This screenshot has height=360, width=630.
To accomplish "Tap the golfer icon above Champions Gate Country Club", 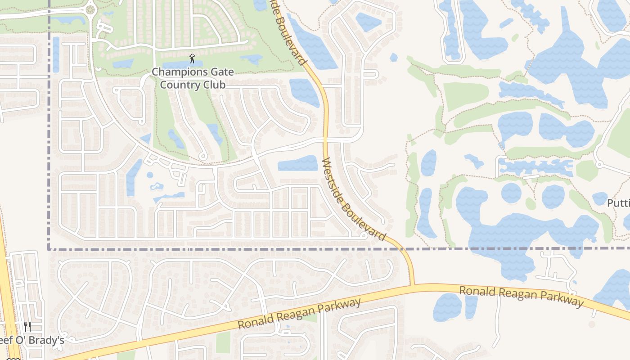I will click(x=193, y=58).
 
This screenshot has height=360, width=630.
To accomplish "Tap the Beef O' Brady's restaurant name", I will click(x=31, y=340).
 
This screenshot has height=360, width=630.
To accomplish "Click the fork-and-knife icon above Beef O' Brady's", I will click(x=27, y=326).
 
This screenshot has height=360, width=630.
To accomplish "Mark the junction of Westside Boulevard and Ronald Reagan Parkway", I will click(x=412, y=285).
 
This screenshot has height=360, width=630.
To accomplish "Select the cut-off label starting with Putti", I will click(x=618, y=203).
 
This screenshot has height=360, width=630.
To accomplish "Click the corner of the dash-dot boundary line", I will click(x=49, y=248).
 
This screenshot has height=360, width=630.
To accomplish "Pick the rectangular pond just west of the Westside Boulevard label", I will click(x=297, y=163).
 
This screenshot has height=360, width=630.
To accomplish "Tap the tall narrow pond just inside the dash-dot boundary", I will click(x=56, y=54).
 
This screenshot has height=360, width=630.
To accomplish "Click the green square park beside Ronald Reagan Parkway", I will click(x=223, y=342).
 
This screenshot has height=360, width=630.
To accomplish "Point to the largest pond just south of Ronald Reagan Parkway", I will click(x=447, y=307).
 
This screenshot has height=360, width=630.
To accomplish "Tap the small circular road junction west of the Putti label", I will click(x=599, y=165).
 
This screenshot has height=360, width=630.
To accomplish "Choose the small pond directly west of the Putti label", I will click(x=599, y=198).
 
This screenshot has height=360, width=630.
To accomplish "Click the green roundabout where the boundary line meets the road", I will click(x=90, y=9).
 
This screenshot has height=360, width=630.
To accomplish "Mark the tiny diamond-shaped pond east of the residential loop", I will click(x=394, y=58).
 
